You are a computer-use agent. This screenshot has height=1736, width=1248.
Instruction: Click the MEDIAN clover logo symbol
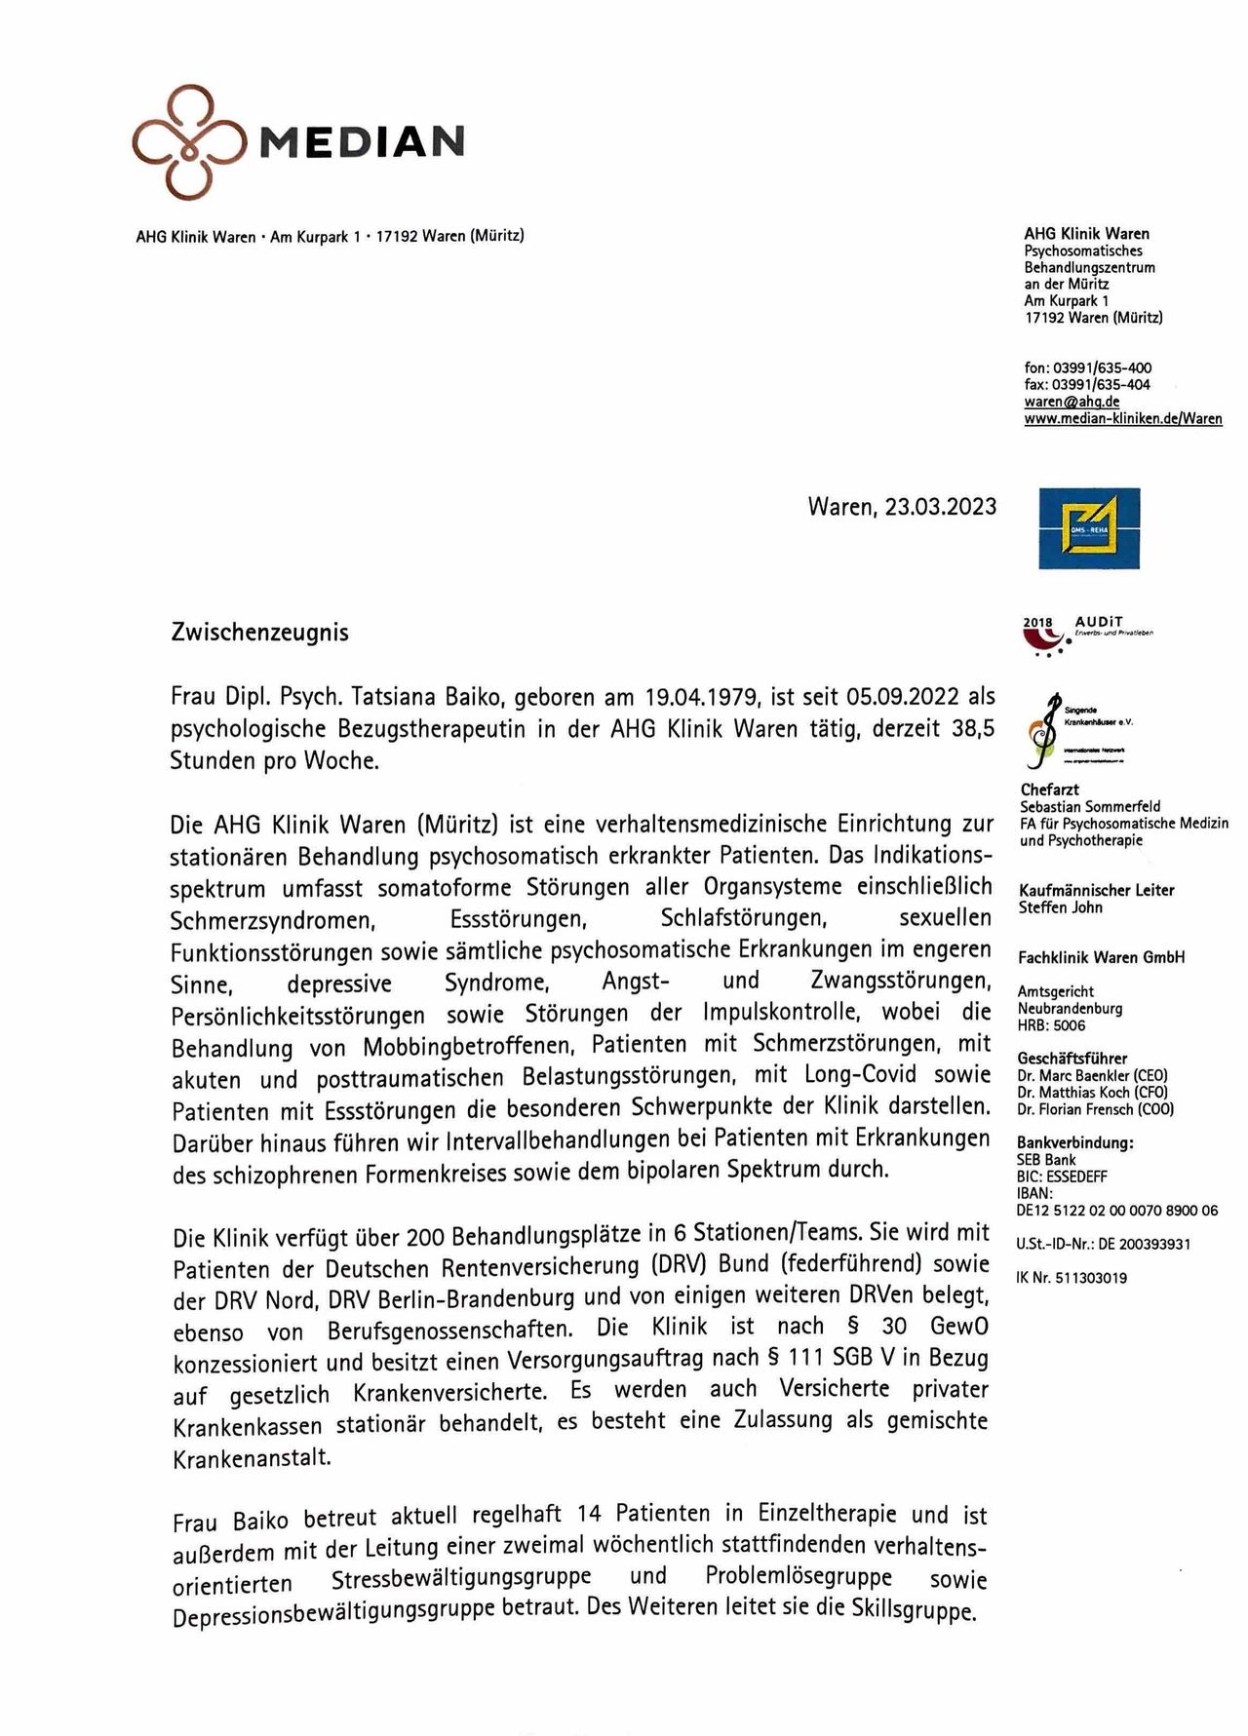click(189, 142)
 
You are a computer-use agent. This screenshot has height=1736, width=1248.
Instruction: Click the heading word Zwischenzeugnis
click(259, 633)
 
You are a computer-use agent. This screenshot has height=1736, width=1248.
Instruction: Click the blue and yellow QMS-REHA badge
click(1089, 528)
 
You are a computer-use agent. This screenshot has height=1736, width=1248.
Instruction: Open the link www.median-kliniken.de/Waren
click(1122, 418)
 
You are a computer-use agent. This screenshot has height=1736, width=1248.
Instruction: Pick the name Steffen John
click(1060, 907)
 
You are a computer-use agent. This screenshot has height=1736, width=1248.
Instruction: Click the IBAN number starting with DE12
click(1116, 1210)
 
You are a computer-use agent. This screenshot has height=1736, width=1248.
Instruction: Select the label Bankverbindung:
click(1074, 1143)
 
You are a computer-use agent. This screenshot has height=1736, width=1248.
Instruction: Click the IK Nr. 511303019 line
click(1072, 1277)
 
